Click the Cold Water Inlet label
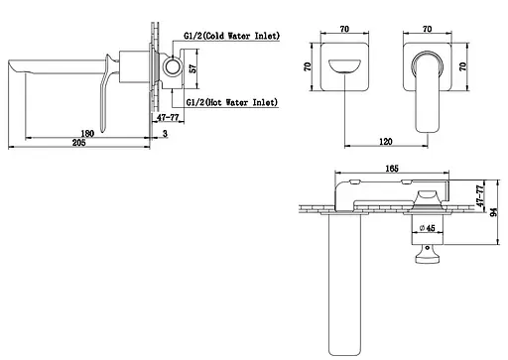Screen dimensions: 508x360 pos(232,36)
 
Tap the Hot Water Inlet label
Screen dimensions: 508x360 pos(232,102)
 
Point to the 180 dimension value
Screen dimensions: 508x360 pos(87,134)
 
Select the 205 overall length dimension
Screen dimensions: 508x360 pos(78,143)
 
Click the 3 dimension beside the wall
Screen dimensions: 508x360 pos(165,134)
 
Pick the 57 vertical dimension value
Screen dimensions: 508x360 pos(192,68)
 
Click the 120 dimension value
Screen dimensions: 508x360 pos(386,142)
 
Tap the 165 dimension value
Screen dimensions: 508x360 pos(392,169)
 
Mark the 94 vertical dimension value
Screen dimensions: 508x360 pos(494,212)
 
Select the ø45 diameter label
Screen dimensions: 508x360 pos(427,228)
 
